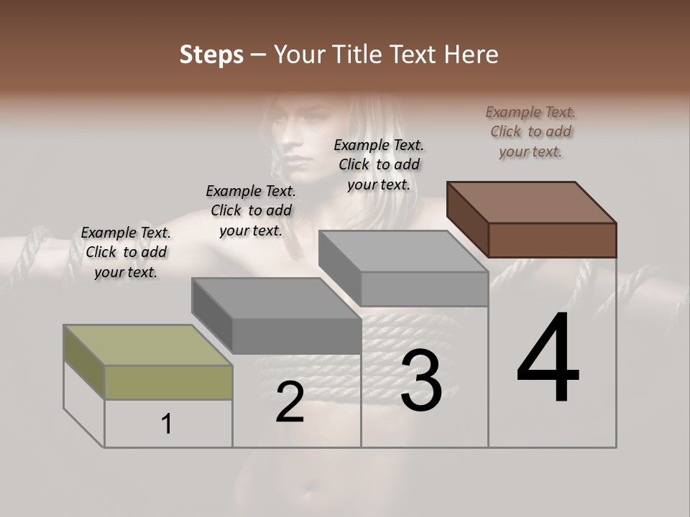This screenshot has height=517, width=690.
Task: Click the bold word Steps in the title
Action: click(x=211, y=55)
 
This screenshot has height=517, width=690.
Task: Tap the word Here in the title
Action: click(x=471, y=55)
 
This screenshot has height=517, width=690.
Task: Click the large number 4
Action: click(x=548, y=359)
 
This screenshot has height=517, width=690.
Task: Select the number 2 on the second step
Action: click(x=290, y=402)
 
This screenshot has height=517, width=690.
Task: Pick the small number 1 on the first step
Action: click(x=167, y=424)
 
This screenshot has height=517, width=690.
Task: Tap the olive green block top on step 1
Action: click(x=148, y=345)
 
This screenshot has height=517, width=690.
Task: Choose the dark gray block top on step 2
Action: click(x=276, y=298)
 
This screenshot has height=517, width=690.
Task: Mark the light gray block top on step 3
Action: click(x=403, y=251)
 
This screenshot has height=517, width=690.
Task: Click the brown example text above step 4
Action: click(x=530, y=132)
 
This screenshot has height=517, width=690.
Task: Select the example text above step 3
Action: click(x=379, y=164)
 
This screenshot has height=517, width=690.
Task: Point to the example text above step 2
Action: click(x=251, y=210)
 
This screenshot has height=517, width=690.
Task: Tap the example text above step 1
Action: click(x=126, y=252)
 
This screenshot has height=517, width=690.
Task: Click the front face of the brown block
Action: click(x=552, y=240)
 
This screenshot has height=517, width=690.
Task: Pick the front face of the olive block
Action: click(x=168, y=382)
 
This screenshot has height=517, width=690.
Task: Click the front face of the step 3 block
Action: click(x=424, y=289)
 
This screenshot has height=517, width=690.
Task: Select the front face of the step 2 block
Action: click(x=296, y=336)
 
